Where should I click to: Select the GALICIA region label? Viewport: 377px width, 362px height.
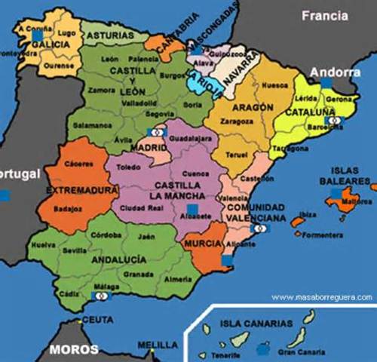(51, 44)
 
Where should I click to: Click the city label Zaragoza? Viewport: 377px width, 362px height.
(236, 120)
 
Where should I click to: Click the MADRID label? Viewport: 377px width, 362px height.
(153, 149)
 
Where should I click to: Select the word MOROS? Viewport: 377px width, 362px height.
(74, 349)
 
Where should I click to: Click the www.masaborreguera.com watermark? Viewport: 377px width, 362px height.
(322, 297)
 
